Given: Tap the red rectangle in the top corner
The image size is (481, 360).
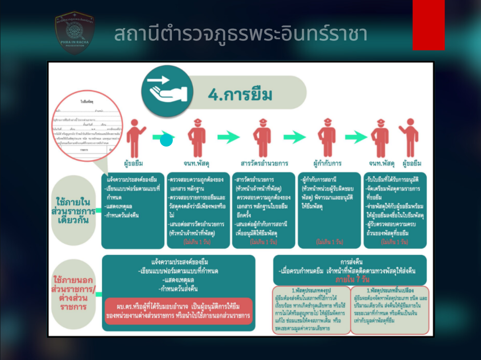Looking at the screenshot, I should coord(428,25).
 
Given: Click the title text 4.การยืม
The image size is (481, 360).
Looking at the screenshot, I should coord(240,95).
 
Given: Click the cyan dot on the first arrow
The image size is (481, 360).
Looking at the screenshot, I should coord(166,141).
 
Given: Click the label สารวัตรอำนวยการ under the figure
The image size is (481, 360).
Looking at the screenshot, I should coord(264,164).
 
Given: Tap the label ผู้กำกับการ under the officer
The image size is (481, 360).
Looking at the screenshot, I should coord(327,164).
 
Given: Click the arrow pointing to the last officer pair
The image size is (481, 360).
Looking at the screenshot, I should coord(356,137).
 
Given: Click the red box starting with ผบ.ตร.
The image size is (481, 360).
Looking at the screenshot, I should coord(179,311).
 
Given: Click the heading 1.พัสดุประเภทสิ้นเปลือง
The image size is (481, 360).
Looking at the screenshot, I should coord(390,290).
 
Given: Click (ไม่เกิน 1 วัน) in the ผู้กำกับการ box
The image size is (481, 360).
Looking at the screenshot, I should coord(329,242).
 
